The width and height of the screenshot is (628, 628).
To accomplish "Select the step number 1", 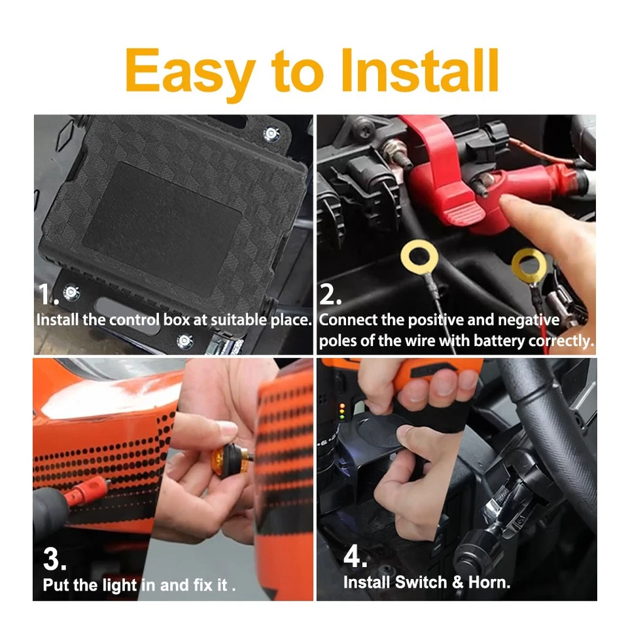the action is [x=48, y=294].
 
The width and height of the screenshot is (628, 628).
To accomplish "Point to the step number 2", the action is [x=330, y=294].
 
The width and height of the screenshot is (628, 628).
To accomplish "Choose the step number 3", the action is [x=54, y=559].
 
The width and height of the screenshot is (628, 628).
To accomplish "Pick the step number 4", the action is [x=355, y=556].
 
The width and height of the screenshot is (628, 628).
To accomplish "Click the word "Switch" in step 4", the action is [x=421, y=582].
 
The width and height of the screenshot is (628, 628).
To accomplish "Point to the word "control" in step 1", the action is [x=134, y=320].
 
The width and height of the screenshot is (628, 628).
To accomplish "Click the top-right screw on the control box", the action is [x=271, y=133].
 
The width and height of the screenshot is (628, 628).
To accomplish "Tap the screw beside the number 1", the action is [x=72, y=293].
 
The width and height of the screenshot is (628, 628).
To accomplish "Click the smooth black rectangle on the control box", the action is [x=162, y=228].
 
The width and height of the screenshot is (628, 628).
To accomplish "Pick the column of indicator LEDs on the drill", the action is [x=342, y=411].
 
